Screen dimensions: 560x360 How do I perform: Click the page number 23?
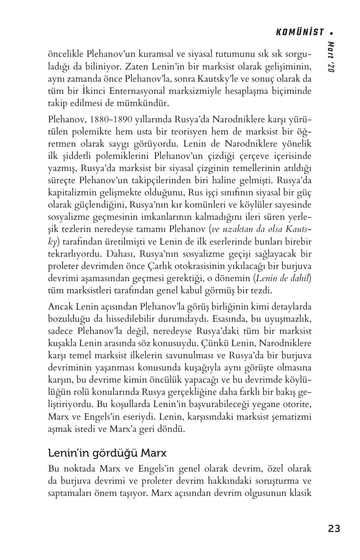tap(334, 528)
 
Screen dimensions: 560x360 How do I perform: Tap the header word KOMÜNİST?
tap(300, 32)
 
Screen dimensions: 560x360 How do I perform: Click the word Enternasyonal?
tap(132, 91)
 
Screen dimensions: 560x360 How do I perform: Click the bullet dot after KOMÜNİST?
tap(332, 32)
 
